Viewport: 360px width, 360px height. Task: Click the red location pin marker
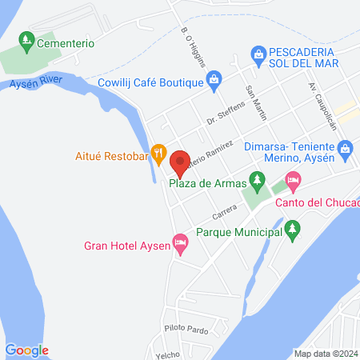180,162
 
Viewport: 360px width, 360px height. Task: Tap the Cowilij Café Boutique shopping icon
214,78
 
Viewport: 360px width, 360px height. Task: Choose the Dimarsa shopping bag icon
346,147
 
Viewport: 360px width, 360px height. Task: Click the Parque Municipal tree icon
293,231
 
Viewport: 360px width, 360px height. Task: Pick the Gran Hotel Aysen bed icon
181,241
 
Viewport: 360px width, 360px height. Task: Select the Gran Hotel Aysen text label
127,245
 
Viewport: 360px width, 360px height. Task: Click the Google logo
27,350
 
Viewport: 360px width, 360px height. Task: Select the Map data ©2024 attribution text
323,353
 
